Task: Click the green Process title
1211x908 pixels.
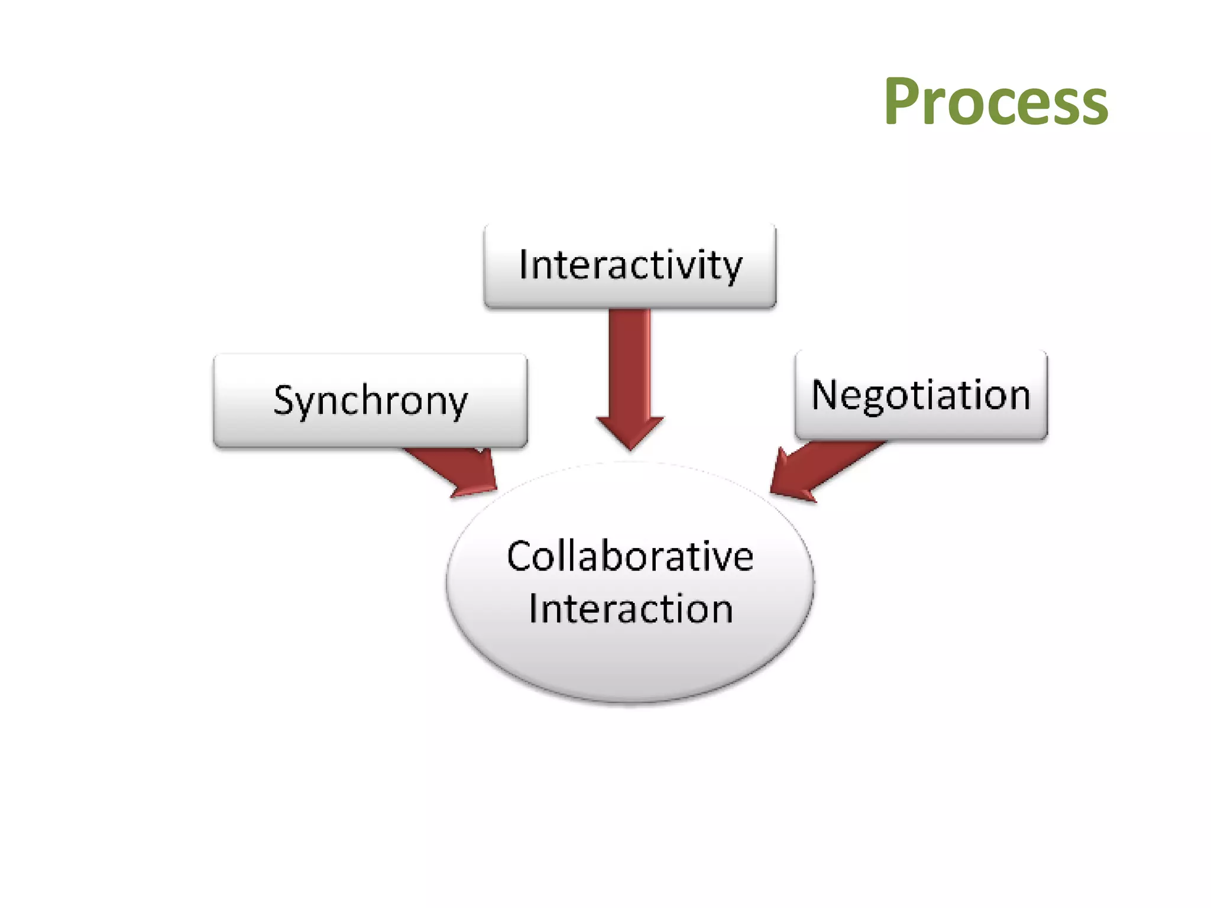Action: point(996,102)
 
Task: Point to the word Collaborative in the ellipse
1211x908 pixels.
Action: point(630,557)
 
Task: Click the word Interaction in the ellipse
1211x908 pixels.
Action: point(630,609)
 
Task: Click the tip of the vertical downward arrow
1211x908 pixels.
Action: point(630,447)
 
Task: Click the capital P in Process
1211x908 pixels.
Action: point(904,102)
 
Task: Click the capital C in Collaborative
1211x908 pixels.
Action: point(520,557)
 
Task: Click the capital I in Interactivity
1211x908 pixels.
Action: point(523,264)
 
